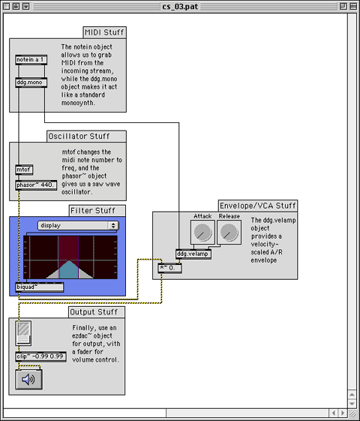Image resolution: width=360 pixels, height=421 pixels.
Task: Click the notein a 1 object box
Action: (31, 60)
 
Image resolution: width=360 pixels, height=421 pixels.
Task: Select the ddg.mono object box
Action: (31, 83)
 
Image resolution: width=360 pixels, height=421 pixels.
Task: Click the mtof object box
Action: (24, 170)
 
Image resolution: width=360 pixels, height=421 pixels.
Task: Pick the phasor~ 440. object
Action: (36, 185)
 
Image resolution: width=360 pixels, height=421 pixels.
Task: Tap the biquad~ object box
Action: (40, 287)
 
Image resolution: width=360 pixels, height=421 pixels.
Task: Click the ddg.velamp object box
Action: (193, 254)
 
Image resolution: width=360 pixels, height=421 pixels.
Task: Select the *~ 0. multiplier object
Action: (169, 268)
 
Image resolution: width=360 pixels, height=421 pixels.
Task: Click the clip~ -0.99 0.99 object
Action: (40, 356)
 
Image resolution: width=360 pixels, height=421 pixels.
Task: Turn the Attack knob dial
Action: (202, 232)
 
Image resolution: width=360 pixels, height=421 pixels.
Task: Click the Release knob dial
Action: (229, 232)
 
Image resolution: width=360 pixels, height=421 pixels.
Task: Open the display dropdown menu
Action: (78, 226)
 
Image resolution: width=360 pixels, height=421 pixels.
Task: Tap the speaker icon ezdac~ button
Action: (29, 380)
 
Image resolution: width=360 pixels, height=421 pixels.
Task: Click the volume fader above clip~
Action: (23, 333)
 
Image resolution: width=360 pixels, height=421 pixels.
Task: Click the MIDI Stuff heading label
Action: (104, 32)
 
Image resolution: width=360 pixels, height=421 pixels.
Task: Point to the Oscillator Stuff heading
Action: (86, 137)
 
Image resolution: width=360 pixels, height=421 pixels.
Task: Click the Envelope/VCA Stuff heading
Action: (258, 206)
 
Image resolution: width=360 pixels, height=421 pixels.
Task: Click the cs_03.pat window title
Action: (180, 7)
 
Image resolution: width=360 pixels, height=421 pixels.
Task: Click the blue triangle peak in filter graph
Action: (69, 261)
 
